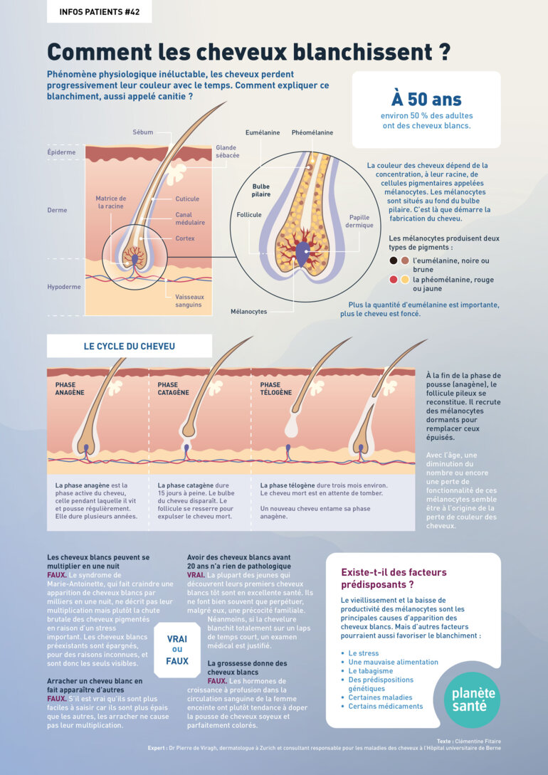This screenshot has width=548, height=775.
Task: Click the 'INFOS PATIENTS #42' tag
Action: [99, 11]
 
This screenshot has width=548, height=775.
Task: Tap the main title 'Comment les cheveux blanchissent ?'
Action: [248, 51]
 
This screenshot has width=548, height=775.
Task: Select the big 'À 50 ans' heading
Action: [426, 99]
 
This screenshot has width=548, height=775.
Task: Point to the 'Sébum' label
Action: [142, 132]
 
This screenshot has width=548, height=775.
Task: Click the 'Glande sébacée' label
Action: [227, 152]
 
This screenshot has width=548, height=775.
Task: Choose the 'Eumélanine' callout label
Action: [262, 132]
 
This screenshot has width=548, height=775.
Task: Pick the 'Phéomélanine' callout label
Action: [312, 132]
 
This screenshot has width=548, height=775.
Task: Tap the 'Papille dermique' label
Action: [359, 221]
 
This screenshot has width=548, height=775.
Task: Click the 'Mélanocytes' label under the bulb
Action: [248, 312]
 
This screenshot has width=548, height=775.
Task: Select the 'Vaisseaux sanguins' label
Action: [189, 301]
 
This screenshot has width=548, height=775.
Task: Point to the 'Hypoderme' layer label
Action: [63, 287]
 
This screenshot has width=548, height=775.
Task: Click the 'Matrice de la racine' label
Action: [110, 202]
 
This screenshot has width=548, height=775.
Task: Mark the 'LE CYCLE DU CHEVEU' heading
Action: [129, 347]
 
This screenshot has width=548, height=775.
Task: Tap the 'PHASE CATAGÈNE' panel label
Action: [173, 389]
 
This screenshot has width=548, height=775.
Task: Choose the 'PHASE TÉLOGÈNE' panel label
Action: [275, 389]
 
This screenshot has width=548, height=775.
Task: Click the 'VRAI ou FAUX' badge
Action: [177, 650]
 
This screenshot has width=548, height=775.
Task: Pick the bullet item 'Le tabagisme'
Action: [370, 670]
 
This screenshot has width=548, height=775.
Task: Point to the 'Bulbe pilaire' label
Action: [260, 190]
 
